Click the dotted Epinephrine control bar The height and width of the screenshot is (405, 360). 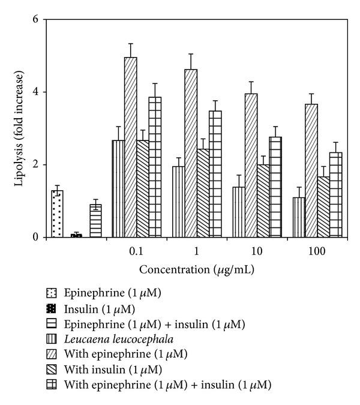tap(58, 214)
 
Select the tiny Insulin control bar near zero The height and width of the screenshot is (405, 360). tap(76, 235)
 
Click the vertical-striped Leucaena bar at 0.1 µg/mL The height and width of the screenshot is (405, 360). tap(118, 188)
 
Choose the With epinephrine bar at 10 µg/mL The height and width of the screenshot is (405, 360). tap(251, 165)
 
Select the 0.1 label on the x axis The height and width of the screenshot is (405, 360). tap(136, 251)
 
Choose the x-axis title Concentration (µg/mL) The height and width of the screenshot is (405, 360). tap(194, 270)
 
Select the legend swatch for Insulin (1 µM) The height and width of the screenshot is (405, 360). tap(50, 309)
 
